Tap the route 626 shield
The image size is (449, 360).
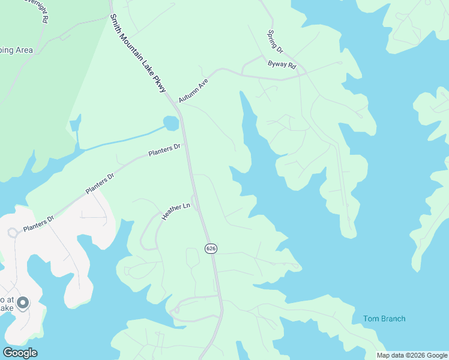tap(210, 248)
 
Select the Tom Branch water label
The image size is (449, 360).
tap(384, 319)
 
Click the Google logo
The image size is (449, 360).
tap(20, 353)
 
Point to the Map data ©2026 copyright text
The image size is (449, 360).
tap(412, 355)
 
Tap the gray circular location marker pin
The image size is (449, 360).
tap(22, 303)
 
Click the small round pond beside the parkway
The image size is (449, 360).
tap(170, 124)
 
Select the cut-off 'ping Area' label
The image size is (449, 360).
tap(16, 50)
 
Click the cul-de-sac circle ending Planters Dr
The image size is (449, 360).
tap(12, 233)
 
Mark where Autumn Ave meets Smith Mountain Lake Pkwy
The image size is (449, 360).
tap(177, 103)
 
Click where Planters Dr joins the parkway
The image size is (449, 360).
tap(186, 145)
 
